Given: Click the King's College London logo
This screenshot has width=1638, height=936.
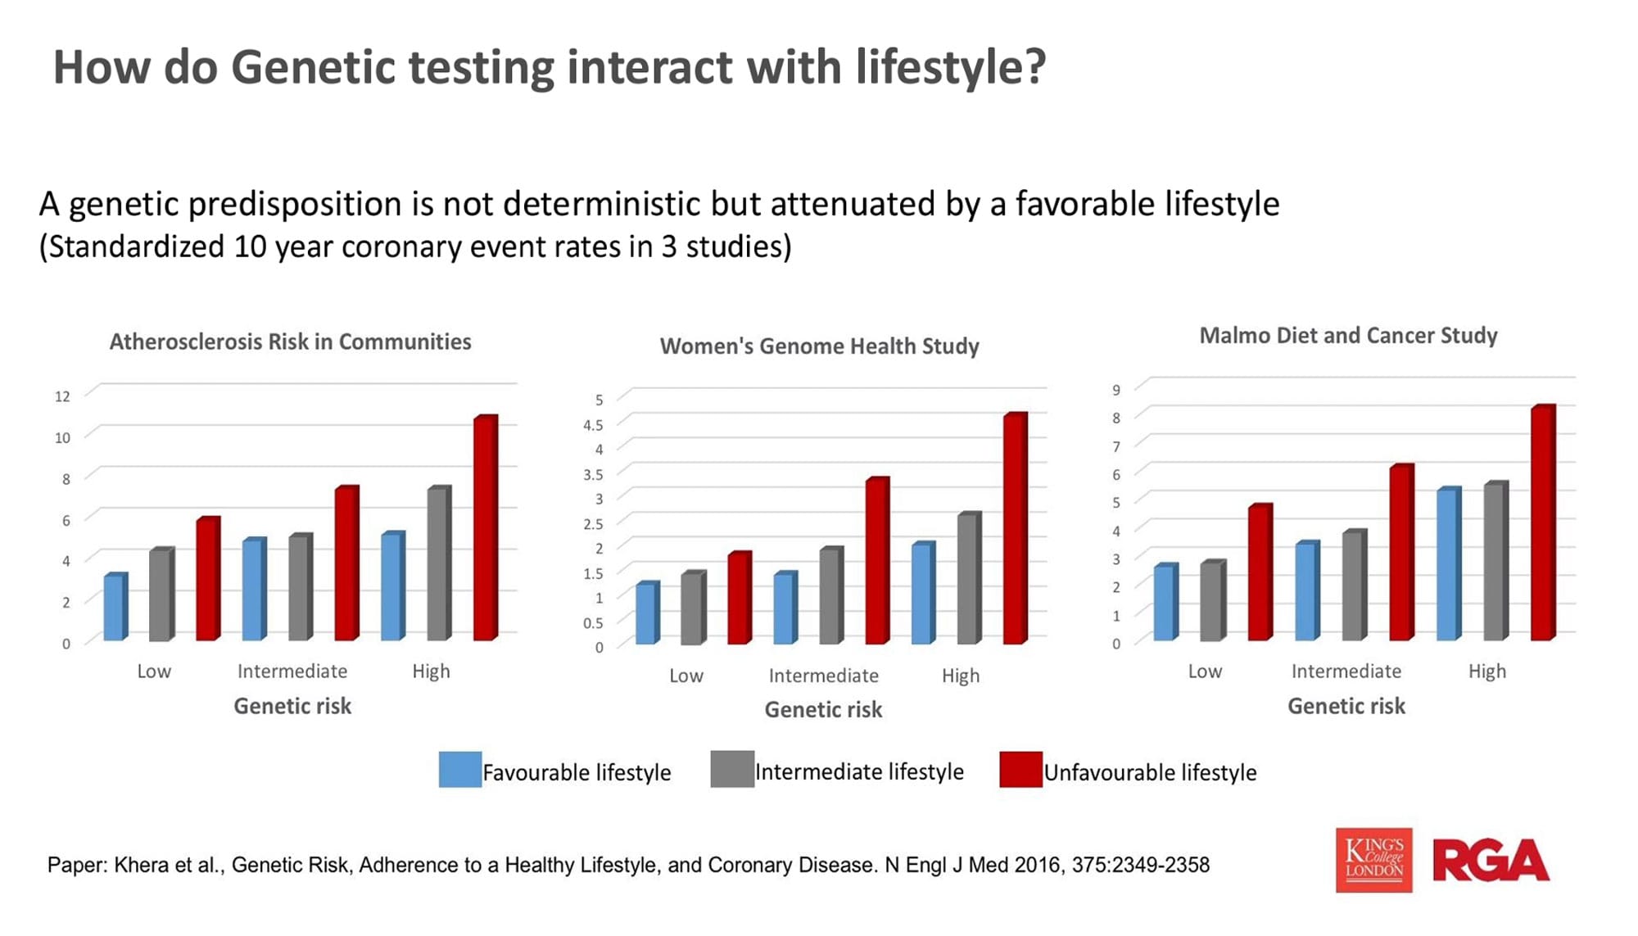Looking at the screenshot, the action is click(x=1373, y=860).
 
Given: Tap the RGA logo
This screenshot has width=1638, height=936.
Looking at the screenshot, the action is click(x=1491, y=860).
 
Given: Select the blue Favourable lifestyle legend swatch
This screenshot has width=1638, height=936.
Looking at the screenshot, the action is click(x=460, y=770).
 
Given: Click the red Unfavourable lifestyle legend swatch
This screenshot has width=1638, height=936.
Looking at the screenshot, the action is click(x=1020, y=770).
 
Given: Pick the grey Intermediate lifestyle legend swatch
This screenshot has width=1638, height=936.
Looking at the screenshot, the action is click(x=732, y=770).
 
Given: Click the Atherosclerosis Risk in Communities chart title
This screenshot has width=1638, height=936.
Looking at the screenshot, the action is click(x=291, y=341).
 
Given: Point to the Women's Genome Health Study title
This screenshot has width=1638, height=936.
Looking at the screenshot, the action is click(x=820, y=346).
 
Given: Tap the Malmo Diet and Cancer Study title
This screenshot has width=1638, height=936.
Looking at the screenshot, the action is click(x=1349, y=336).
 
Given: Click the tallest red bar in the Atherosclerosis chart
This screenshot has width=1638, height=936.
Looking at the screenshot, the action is click(x=486, y=527).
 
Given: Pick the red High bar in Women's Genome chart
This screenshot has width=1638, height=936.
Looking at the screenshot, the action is click(x=1016, y=528).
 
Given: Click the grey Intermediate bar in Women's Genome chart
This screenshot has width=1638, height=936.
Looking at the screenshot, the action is click(x=831, y=595).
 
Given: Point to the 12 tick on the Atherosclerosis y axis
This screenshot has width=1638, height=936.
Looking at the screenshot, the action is click(x=62, y=396).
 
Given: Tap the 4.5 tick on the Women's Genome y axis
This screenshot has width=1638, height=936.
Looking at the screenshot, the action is click(x=593, y=425).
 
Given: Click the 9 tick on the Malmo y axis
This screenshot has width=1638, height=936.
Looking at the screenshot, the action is click(x=1116, y=390).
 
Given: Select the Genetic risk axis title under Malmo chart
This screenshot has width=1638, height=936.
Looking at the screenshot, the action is click(x=1346, y=706).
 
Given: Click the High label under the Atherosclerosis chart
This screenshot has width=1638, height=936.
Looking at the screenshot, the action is click(x=431, y=671).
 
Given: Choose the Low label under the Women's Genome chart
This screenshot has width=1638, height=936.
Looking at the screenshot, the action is click(x=686, y=676).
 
